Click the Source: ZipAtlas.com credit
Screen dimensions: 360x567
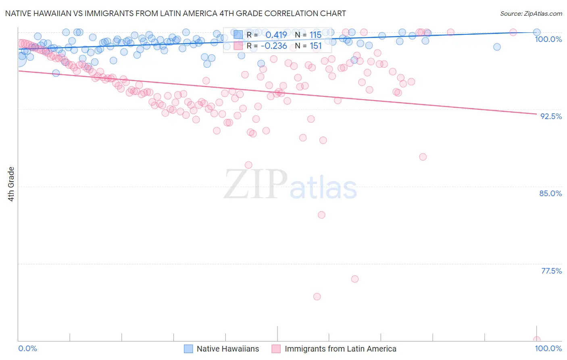[x=531, y=14]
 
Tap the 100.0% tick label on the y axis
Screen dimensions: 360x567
[x=548, y=39]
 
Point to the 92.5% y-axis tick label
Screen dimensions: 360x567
[x=551, y=116]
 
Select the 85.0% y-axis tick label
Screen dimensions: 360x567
[x=550, y=193]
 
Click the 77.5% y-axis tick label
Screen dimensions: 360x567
[x=551, y=271]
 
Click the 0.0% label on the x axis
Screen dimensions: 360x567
[x=28, y=348]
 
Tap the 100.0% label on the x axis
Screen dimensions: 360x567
[x=548, y=348]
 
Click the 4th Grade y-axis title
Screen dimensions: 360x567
[x=11, y=184]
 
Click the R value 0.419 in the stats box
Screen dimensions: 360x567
[x=276, y=35]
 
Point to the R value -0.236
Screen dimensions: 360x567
[x=274, y=46]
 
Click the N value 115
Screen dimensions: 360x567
[x=315, y=35]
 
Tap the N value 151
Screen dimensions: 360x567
[x=315, y=46]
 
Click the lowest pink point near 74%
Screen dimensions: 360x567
[x=317, y=297]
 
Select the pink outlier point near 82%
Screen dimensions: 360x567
[x=321, y=215]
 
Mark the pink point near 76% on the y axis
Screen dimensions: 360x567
[x=355, y=279]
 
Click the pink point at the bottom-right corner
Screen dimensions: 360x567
[x=536, y=340]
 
